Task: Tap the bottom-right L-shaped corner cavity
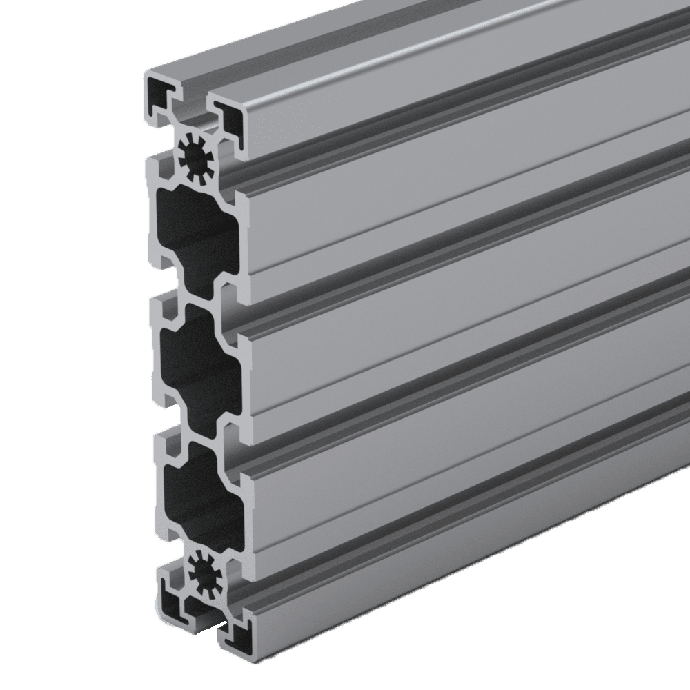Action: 239,638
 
